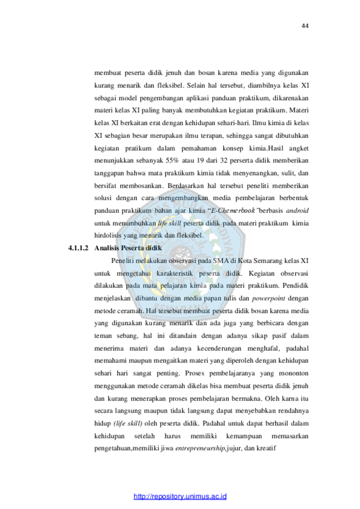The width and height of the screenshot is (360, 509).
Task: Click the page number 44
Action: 305,26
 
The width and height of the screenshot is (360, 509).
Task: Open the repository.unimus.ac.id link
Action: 180,496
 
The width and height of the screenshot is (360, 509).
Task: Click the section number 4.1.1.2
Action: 78,248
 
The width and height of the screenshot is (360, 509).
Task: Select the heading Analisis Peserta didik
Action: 128,248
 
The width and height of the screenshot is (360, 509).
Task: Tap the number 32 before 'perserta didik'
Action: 224,161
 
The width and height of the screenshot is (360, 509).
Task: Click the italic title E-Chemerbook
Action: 233,210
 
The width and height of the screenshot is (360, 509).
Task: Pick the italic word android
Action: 297,210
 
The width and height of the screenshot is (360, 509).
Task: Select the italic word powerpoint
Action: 269,299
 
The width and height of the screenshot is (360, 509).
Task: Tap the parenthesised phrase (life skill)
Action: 128,424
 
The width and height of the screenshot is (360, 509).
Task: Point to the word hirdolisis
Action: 107,236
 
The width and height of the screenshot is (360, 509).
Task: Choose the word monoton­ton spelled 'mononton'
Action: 294,373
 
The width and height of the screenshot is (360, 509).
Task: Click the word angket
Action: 299,148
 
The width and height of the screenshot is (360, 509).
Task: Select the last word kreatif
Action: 266,449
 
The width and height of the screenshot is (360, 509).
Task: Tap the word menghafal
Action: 264,348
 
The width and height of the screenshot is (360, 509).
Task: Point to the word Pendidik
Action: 295,286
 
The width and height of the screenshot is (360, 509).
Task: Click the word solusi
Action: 103,198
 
